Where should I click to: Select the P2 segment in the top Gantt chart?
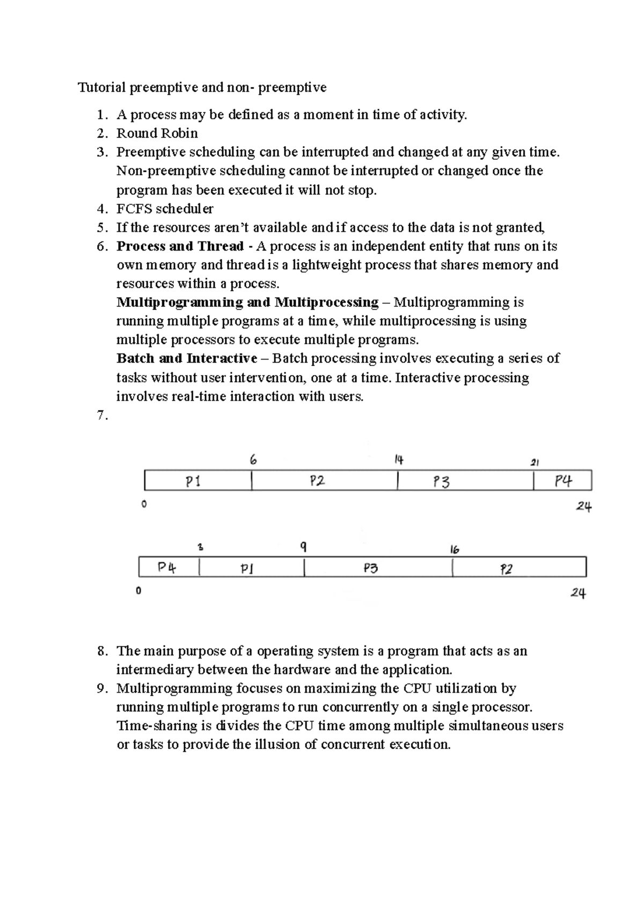(318, 481)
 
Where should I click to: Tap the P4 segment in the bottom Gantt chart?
(167, 568)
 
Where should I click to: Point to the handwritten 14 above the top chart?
(399, 460)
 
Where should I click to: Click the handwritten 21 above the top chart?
(535, 462)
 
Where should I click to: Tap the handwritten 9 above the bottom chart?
(304, 547)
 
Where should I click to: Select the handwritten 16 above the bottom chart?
(455, 549)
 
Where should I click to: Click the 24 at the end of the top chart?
(584, 507)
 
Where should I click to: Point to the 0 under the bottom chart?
(138, 591)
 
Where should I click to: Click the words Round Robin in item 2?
(157, 133)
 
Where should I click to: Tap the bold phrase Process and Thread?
(180, 246)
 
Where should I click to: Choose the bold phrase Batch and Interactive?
(187, 358)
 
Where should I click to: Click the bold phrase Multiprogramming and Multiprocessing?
(247, 302)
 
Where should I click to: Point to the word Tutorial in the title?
(101, 87)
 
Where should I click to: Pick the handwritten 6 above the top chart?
(253, 460)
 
